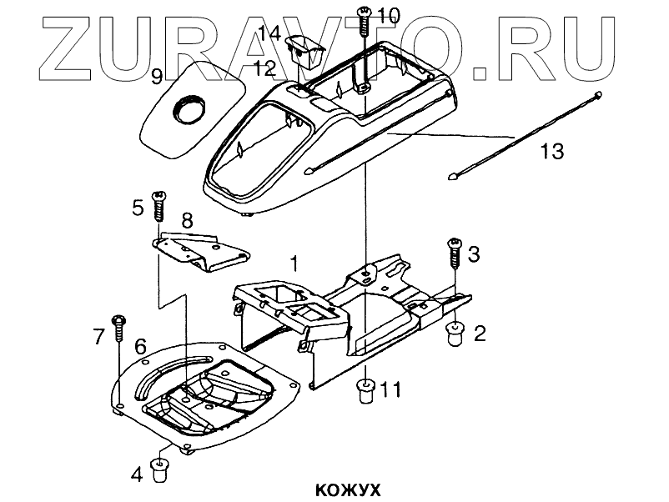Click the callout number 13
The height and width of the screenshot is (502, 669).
pos(552,153)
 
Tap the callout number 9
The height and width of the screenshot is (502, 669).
pos(156,78)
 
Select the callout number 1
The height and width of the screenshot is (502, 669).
pos(293,263)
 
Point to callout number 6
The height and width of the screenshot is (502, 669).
pos(140,344)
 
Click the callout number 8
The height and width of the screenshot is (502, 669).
pos(187,221)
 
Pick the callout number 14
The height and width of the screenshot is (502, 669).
pos(269,33)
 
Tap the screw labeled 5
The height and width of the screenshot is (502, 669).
pos(158,203)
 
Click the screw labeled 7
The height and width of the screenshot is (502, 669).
pos(119,326)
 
